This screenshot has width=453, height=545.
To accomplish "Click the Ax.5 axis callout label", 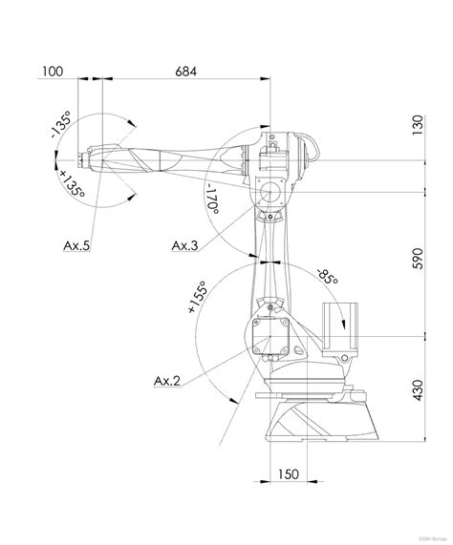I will pyautogui.click(x=76, y=246).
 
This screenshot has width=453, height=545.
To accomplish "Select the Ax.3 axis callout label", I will pyautogui.click(x=184, y=246).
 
